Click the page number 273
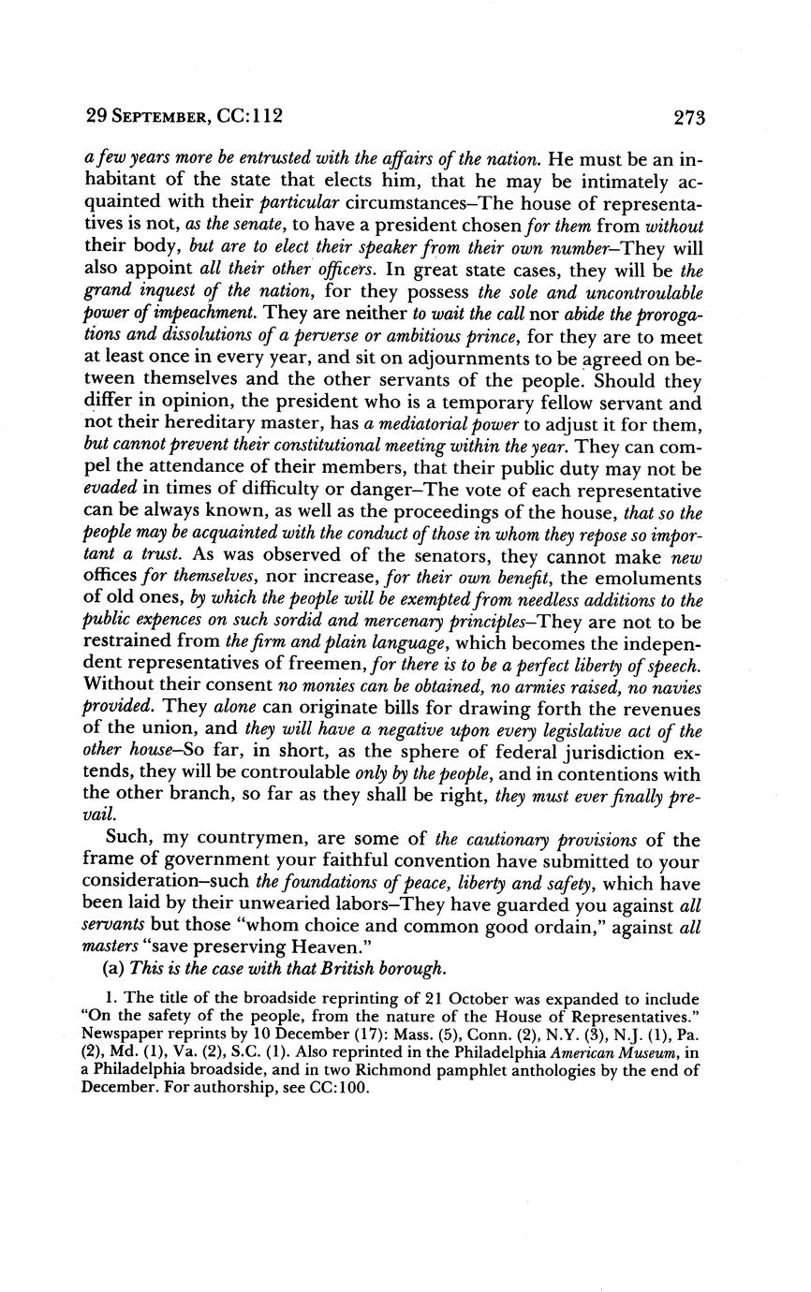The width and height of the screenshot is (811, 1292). [687, 118]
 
